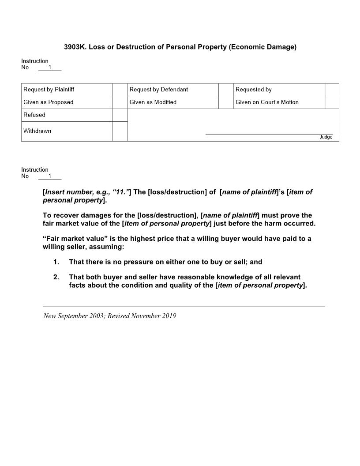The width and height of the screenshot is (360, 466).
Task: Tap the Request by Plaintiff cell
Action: point(49,90)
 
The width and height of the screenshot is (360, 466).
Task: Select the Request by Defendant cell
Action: point(159,90)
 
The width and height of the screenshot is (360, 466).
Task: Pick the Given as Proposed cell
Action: point(49,102)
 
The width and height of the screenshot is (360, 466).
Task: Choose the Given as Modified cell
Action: point(153,102)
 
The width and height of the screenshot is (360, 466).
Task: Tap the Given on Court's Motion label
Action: point(267,102)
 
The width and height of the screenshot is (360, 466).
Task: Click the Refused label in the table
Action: point(34,115)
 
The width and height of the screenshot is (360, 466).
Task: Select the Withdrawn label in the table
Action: point(37,131)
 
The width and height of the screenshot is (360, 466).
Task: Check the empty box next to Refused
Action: point(120,115)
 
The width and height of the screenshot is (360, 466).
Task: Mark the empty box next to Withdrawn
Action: point(120,132)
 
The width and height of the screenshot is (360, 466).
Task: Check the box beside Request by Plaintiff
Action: point(120,90)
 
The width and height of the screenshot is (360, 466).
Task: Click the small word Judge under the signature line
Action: point(326,137)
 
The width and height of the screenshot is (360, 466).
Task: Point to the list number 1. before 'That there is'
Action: point(56,262)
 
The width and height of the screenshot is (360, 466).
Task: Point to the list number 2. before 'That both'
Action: point(56,277)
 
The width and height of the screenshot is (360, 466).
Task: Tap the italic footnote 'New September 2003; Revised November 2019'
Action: point(110,316)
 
